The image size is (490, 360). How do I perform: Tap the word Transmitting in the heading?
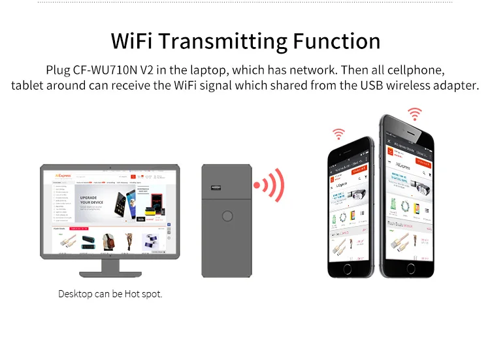click(x=222, y=41)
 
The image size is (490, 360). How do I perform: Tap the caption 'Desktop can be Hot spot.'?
click(x=110, y=294)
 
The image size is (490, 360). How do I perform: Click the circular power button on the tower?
click(x=227, y=216)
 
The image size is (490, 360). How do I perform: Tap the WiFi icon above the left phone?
click(x=338, y=134)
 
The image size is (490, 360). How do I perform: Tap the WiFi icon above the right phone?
click(x=414, y=114)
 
